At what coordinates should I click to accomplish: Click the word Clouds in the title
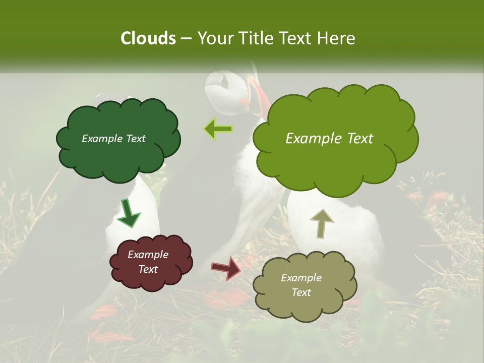[148, 38]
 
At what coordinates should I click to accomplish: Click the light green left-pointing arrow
[218, 129]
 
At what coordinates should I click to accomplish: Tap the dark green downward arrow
[129, 213]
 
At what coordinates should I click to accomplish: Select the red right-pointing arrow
[226, 268]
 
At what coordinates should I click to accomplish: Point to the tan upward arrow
[321, 223]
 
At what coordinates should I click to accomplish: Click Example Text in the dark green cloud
[113, 139]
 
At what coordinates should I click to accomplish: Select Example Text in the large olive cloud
[329, 139]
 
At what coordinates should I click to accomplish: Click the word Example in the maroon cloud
[148, 255]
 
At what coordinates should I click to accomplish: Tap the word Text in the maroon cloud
[148, 269]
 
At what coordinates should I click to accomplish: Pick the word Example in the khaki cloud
[301, 278]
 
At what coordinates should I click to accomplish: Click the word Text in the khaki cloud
[301, 292]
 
